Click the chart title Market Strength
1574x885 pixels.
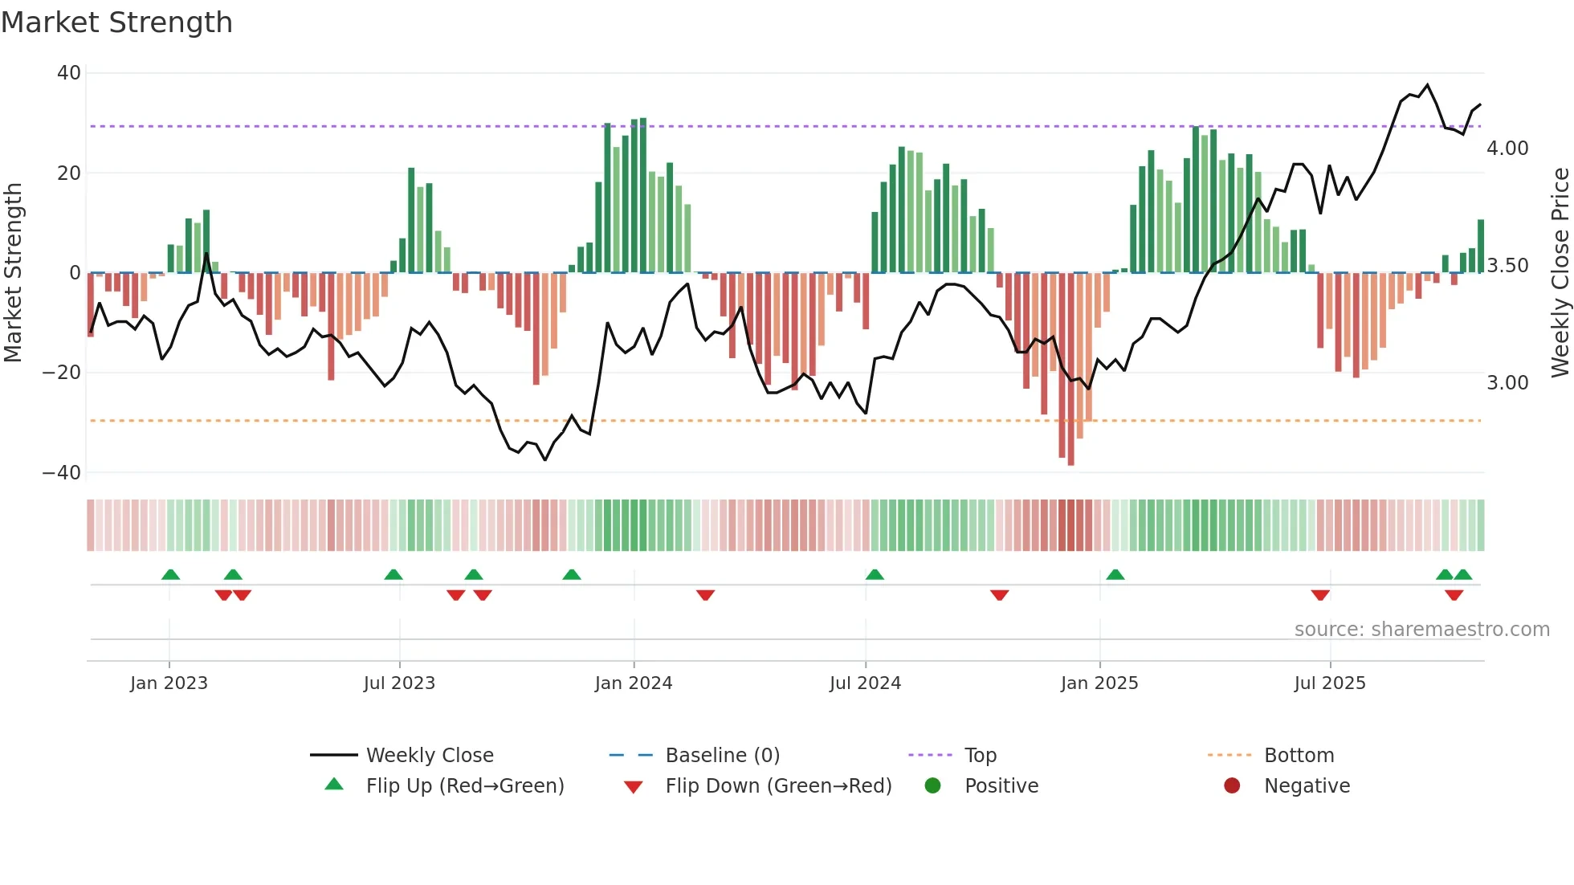click(116, 22)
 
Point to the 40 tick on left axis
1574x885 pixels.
click(69, 73)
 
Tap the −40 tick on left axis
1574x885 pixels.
click(62, 473)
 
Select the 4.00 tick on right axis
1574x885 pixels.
click(1507, 149)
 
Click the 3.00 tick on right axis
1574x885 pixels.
click(1507, 383)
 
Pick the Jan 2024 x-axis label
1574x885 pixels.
click(633, 683)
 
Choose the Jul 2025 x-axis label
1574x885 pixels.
click(1329, 683)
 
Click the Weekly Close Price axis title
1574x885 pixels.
click(1560, 272)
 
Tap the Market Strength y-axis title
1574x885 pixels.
click(14, 272)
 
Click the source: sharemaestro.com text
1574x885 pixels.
click(1421, 630)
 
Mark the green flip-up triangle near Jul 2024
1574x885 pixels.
click(875, 574)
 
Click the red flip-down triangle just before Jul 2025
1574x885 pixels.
click(1320, 595)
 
